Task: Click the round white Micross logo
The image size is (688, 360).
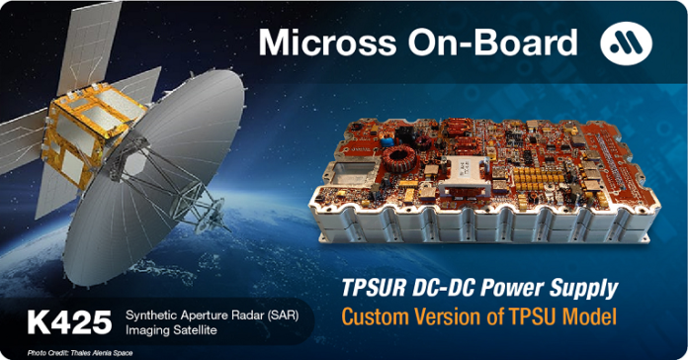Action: coord(625,44)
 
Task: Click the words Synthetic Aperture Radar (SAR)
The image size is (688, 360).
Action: coord(218,315)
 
